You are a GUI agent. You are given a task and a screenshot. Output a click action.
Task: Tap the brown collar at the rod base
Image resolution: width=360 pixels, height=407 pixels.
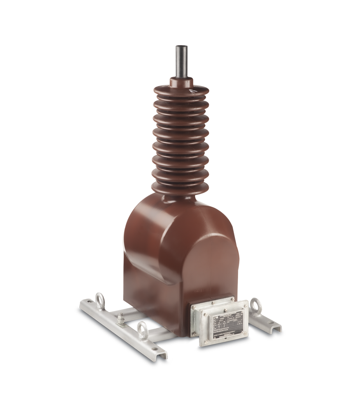[x=181, y=83]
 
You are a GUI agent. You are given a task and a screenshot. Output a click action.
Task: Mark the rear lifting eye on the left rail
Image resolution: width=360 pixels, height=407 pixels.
[x=99, y=303]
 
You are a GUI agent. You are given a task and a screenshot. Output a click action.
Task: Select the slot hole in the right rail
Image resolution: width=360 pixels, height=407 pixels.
[x=274, y=324]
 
